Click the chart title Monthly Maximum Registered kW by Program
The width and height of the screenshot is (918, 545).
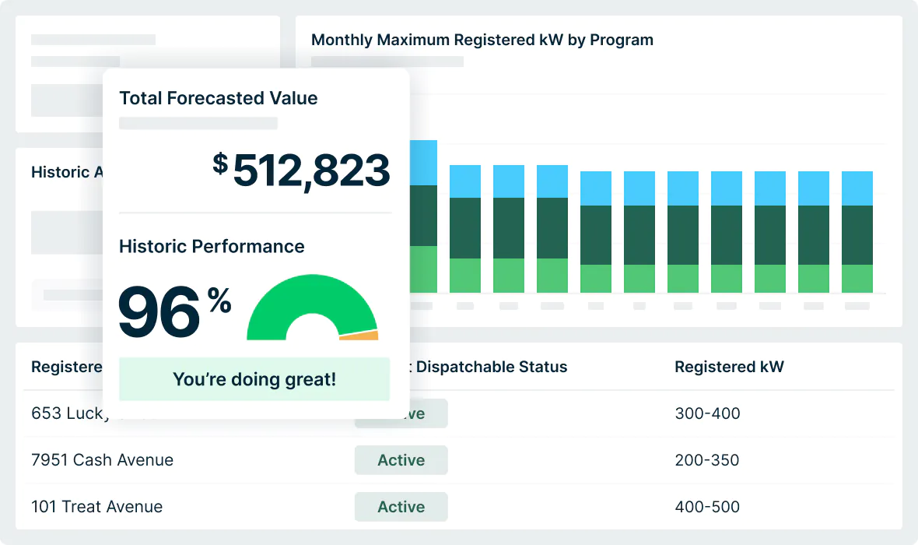(482, 40)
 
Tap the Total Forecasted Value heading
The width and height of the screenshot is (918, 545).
(218, 98)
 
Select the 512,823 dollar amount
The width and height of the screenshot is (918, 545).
(310, 171)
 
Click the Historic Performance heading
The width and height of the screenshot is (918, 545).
(212, 246)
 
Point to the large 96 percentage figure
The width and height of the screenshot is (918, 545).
(159, 312)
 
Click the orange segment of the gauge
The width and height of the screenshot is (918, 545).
(359, 336)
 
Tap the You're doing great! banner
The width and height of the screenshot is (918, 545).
(254, 379)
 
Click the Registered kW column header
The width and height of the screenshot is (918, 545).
(729, 367)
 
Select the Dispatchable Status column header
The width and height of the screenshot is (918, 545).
(492, 367)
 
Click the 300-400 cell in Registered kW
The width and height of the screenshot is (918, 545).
(707, 413)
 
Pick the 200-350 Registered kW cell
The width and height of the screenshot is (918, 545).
(707, 460)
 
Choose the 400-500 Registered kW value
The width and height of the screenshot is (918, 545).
(707, 507)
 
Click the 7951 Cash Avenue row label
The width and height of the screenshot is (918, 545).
(102, 460)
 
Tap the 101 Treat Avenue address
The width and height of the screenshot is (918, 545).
(96, 507)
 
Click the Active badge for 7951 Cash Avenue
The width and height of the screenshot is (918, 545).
(401, 460)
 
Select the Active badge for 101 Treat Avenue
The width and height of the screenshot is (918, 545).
(401, 507)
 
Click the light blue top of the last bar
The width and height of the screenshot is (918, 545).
(857, 188)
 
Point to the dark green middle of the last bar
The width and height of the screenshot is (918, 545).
(857, 234)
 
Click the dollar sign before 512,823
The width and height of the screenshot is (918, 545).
(221, 163)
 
